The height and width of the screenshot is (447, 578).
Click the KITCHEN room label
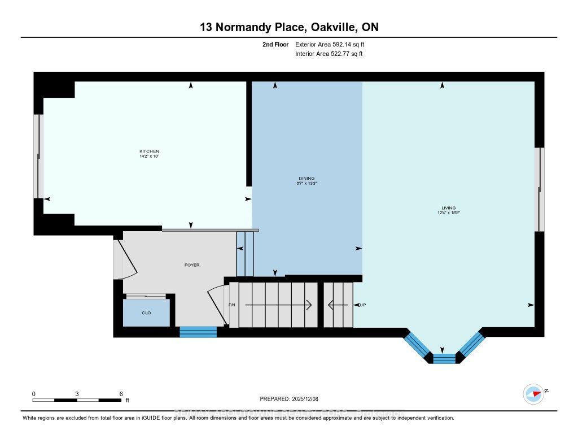point(149,151)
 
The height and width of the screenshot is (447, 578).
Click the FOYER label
point(192,265)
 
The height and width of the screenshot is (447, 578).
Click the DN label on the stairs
point(231,305)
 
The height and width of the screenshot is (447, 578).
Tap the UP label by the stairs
point(363,305)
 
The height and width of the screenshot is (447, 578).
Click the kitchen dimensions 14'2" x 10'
point(149,156)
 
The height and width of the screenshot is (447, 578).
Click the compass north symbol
point(533,393)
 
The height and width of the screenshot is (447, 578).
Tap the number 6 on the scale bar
point(121,393)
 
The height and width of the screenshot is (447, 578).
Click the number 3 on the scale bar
point(77,393)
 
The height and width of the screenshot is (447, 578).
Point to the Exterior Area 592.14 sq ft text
point(334,44)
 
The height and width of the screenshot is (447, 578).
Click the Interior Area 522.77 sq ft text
point(329,54)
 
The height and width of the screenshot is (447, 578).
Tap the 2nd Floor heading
point(276,44)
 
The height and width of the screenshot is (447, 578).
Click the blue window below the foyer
point(198,332)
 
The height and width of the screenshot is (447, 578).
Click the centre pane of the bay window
point(444,358)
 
